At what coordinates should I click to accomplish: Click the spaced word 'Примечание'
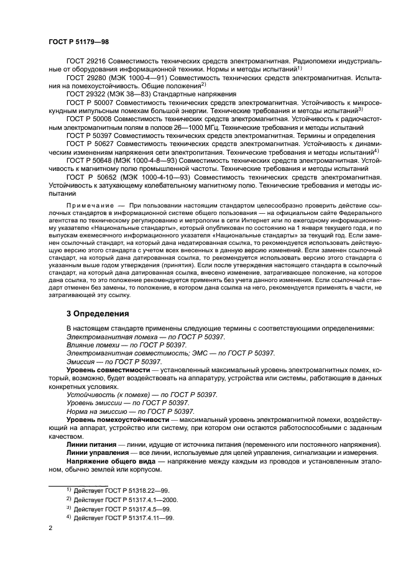[x=90, y=205]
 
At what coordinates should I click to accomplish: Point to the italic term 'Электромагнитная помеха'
[x=106, y=336]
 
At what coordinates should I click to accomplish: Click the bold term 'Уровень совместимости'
[x=106, y=369]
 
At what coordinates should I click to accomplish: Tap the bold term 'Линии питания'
[x=91, y=446]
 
